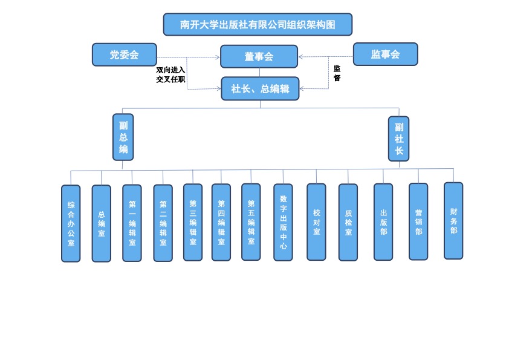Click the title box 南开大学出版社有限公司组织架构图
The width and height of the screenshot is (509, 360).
click(258, 25)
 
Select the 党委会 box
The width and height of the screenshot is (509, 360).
click(125, 54)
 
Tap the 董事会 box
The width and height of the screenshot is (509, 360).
click(259, 56)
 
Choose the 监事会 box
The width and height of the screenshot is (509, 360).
click(385, 54)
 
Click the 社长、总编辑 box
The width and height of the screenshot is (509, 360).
click(260, 88)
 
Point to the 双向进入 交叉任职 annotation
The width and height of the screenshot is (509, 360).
click(170, 74)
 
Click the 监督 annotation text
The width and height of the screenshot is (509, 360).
click(337, 73)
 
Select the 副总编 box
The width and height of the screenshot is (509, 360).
click(123, 137)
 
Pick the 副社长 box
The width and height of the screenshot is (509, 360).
click(398, 139)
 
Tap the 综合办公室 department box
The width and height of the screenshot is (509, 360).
click(71, 223)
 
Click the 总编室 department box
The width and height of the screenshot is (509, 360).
click(101, 223)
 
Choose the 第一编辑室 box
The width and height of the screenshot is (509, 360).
click(132, 223)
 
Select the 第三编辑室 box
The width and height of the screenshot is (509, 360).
click(193, 222)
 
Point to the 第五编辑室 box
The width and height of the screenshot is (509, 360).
click(251, 222)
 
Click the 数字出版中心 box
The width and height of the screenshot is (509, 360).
click(283, 222)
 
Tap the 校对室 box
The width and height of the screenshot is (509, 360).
click(316, 222)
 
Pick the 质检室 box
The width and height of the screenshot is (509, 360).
click(348, 222)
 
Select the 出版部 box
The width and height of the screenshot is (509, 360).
click(383, 222)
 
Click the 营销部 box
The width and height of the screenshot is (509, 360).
click(418, 221)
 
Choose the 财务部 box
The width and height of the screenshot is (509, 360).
click(453, 221)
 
